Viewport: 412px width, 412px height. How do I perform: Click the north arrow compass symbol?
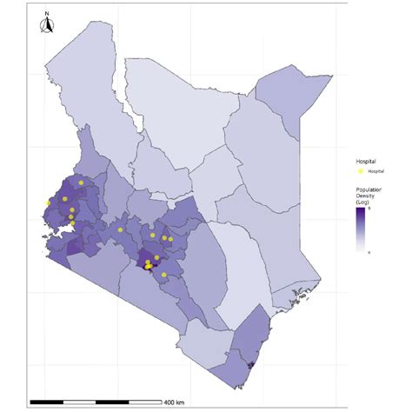[x=47, y=26]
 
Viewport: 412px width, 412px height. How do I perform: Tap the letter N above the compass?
[x=47, y=14]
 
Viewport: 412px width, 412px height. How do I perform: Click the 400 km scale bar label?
[x=174, y=402]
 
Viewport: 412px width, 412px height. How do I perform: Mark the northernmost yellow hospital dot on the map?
[x=81, y=183]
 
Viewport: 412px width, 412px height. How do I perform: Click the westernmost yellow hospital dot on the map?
[x=49, y=203]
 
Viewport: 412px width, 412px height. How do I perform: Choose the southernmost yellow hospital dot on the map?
[x=163, y=275]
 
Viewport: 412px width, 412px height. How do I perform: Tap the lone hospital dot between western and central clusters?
[x=121, y=229]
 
